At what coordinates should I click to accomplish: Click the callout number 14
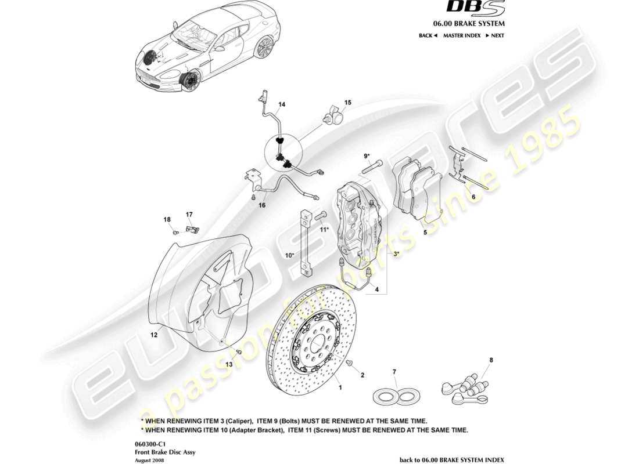click(282, 105)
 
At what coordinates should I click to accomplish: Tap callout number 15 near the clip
click(347, 103)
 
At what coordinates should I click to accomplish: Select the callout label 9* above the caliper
click(367, 155)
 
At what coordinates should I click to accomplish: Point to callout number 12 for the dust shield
click(154, 335)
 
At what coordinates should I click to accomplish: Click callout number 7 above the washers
click(394, 371)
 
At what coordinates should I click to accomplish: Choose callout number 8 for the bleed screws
click(491, 360)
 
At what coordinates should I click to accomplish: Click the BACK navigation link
click(428, 35)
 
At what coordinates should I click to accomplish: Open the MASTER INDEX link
click(462, 35)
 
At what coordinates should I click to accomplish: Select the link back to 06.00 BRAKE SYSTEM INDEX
click(452, 459)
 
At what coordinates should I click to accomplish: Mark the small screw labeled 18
click(175, 231)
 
